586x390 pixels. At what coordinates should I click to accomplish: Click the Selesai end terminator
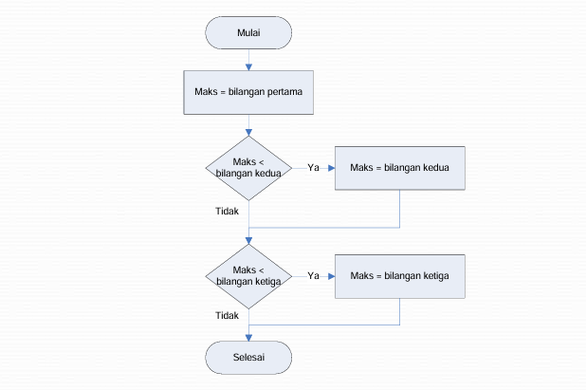point(248,357)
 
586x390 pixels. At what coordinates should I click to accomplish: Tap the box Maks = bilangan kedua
point(398,168)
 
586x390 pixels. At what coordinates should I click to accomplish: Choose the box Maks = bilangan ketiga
point(398,276)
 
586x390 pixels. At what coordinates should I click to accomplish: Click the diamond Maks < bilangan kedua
point(248,168)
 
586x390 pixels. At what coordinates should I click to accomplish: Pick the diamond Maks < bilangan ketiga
point(248,276)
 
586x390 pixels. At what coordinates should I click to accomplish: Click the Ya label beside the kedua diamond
point(312,168)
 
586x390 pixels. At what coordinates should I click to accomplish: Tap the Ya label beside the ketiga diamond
point(312,276)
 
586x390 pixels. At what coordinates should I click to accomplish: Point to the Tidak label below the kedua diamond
point(227,211)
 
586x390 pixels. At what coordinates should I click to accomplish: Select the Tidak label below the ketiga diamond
point(227,316)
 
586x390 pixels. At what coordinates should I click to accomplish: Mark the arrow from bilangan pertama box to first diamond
point(248,125)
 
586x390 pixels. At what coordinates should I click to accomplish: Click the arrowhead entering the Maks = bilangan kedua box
point(332,168)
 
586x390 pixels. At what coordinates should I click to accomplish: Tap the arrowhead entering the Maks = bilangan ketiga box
point(332,276)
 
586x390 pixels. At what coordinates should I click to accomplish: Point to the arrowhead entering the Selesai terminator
point(248,336)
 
